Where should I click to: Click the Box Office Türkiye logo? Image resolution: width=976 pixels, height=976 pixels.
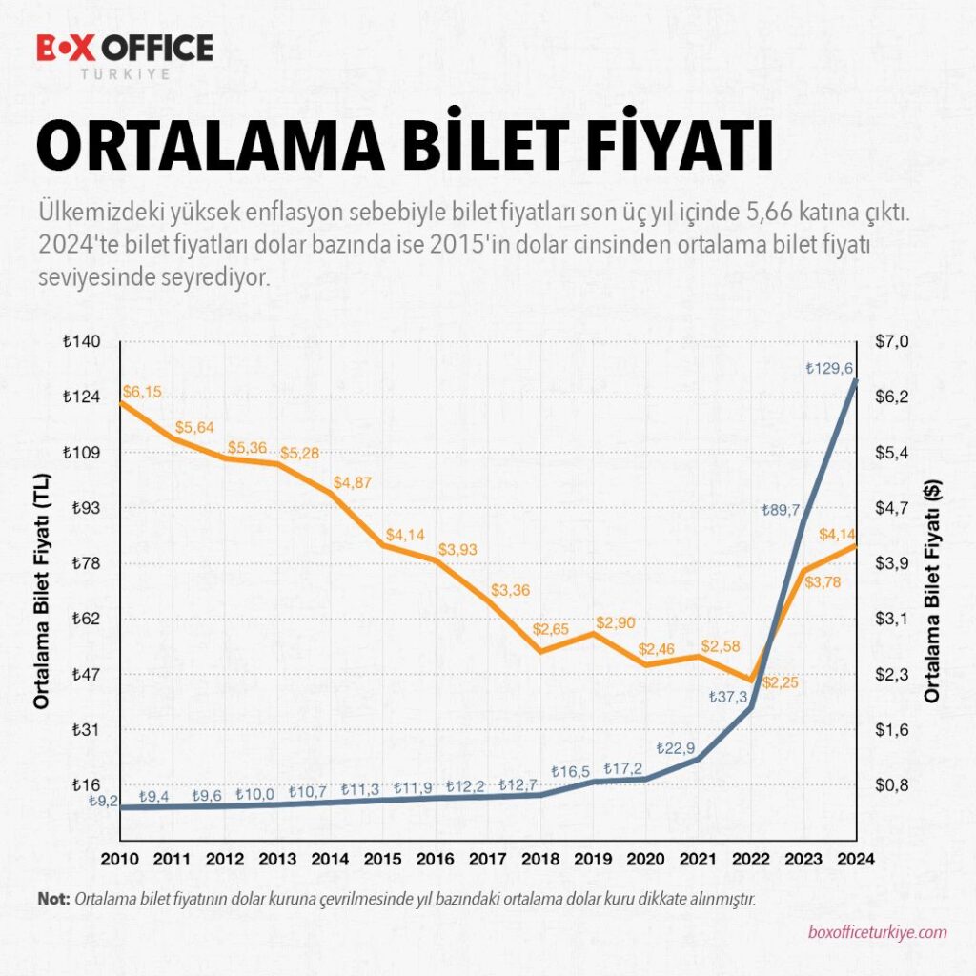pos(124,55)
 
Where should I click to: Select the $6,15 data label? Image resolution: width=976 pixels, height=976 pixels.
pos(142,392)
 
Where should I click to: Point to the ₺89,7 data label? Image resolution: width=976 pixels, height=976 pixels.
pos(782,510)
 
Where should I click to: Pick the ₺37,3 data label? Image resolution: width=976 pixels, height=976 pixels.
pos(727,697)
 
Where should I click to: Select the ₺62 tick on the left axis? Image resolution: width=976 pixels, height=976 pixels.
pos(86,619)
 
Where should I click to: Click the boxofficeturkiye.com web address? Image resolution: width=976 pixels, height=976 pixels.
pos(877,932)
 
